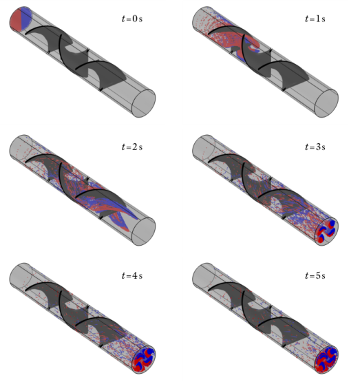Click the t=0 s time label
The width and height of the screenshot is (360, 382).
coord(131,17)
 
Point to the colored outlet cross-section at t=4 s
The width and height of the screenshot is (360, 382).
coord(145,360)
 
